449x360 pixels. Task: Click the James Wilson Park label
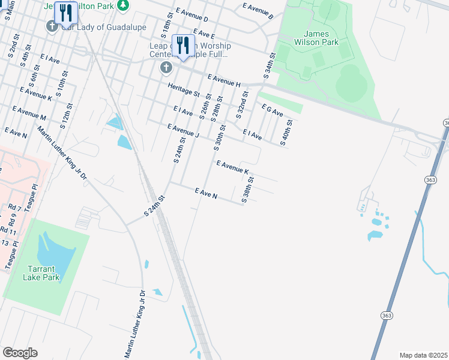click(x=321, y=38)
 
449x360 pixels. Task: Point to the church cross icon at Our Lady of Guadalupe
click(x=52, y=26)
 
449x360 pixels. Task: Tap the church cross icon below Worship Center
click(x=166, y=68)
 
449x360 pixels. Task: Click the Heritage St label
click(x=184, y=90)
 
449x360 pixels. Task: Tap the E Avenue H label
click(x=224, y=80)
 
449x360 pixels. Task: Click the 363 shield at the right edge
click(x=446, y=122)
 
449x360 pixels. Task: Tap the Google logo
click(x=20, y=352)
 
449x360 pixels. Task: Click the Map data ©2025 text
click(x=423, y=355)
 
